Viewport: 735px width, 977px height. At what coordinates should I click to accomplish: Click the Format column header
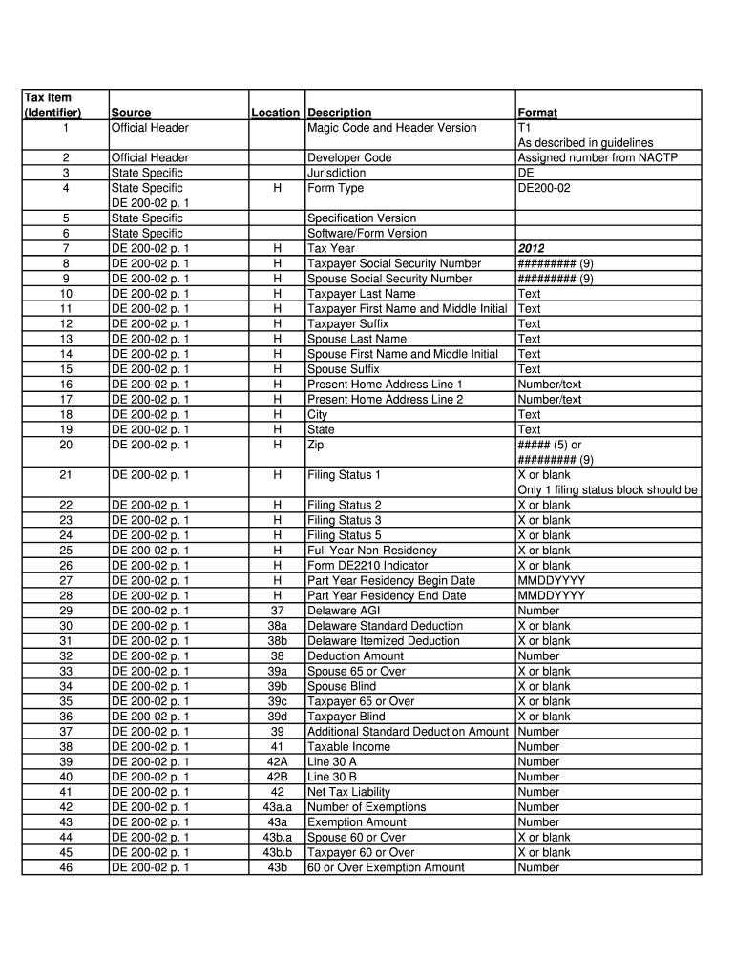(x=537, y=113)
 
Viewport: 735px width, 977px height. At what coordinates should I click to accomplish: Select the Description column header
(x=339, y=113)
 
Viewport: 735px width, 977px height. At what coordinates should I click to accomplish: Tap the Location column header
(x=275, y=113)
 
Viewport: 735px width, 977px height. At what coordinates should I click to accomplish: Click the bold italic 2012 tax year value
(x=532, y=249)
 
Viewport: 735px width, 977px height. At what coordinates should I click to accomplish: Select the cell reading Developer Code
(x=349, y=157)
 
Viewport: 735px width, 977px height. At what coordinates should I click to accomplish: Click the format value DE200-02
(x=544, y=188)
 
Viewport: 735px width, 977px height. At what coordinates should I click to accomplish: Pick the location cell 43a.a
(x=277, y=807)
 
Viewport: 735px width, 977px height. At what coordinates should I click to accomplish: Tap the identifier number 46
(x=66, y=867)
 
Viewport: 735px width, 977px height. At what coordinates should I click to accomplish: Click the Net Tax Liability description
(x=348, y=792)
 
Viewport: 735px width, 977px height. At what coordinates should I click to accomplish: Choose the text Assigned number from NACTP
(x=597, y=157)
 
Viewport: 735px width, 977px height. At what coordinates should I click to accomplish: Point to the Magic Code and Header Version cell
(x=391, y=128)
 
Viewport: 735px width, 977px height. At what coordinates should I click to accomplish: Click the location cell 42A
(x=277, y=761)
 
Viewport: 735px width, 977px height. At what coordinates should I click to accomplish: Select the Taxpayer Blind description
(x=346, y=717)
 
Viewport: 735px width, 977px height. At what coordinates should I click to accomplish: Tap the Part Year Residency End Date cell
(x=387, y=595)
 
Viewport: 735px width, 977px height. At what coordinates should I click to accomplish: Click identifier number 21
(x=66, y=474)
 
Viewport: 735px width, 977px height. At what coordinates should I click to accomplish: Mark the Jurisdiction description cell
(x=336, y=173)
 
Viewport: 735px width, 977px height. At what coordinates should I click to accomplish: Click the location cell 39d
(x=277, y=717)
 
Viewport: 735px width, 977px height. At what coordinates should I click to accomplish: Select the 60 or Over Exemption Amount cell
(x=386, y=867)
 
